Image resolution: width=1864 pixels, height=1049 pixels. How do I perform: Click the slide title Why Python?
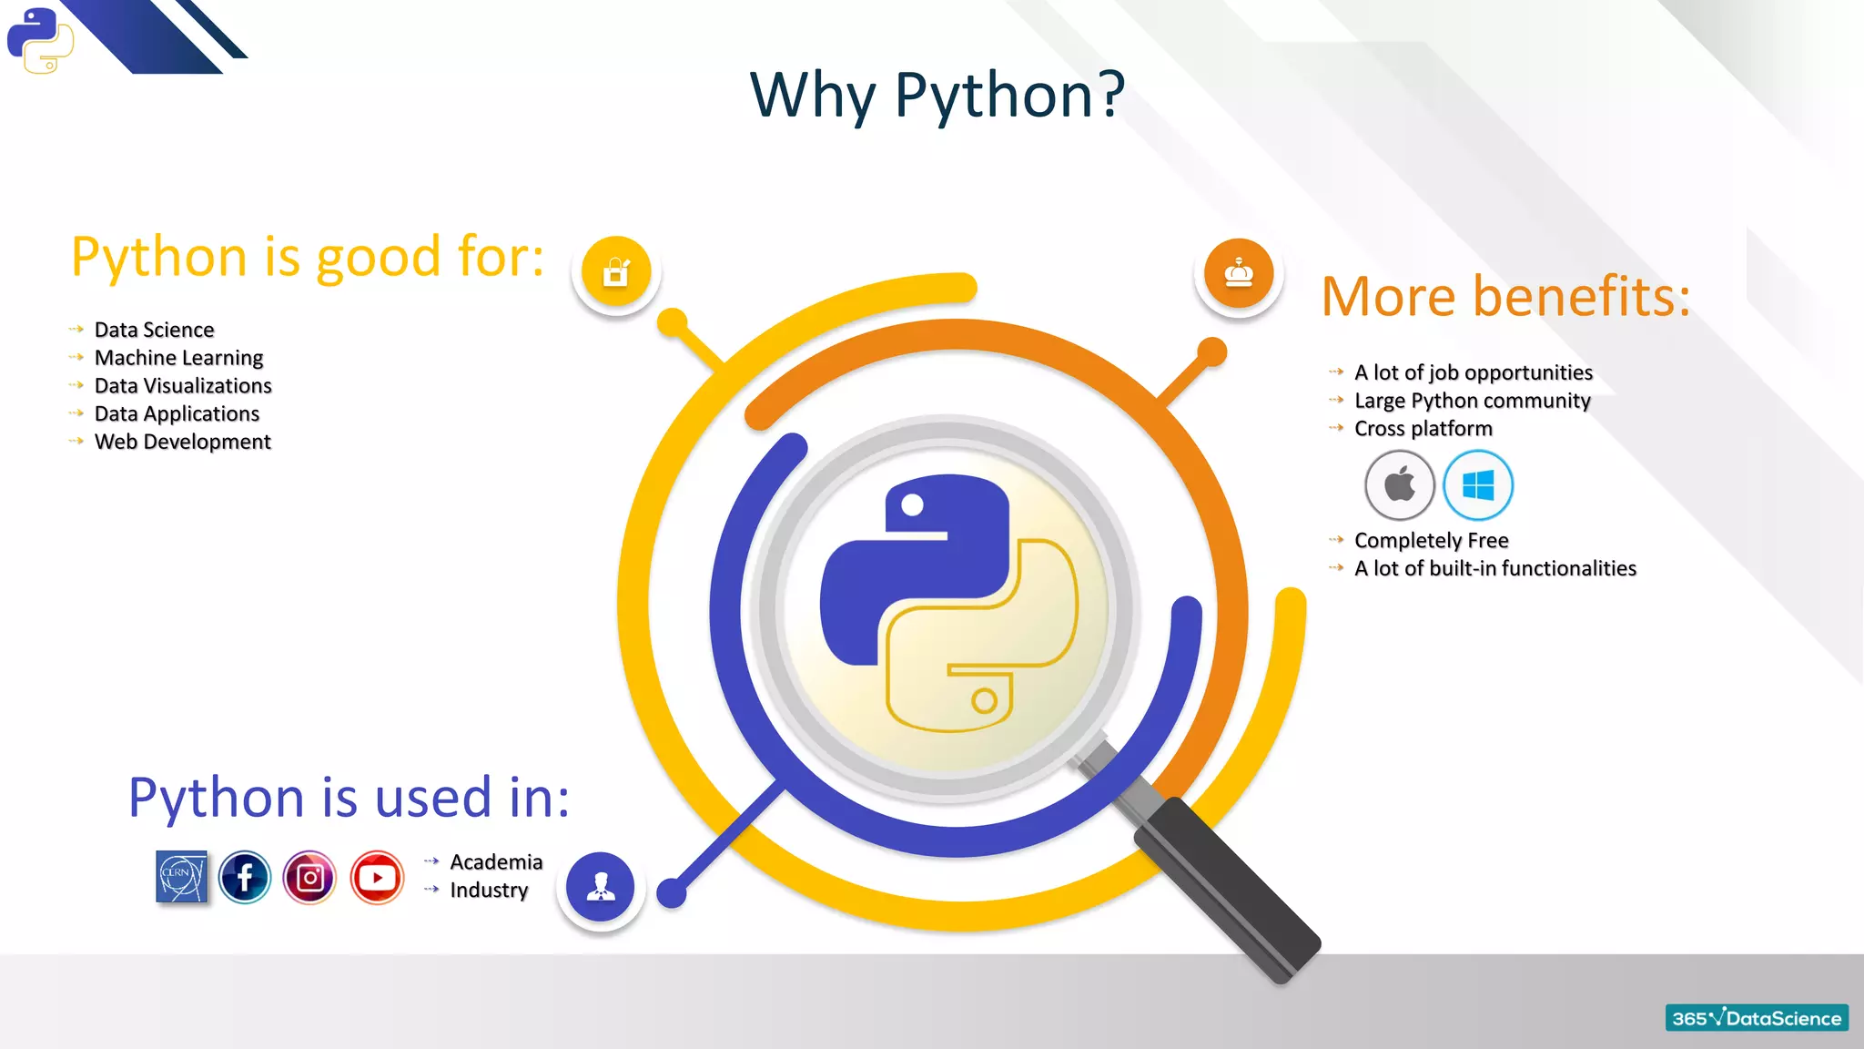tap(937, 95)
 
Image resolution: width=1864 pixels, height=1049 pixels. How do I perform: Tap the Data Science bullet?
tap(154, 330)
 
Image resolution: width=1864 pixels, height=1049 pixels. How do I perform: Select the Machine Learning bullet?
tap(178, 358)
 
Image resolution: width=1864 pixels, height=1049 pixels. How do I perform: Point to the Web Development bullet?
tap(182, 442)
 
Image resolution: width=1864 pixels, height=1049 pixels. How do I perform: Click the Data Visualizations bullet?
tap(183, 386)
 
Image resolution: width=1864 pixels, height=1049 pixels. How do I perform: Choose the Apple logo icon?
tap(1400, 485)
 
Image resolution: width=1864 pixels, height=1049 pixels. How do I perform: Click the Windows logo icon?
tap(1478, 485)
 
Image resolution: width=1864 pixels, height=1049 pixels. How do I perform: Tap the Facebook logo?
tap(245, 878)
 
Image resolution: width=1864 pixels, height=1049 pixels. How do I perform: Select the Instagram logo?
tap(309, 878)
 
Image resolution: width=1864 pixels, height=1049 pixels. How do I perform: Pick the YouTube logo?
tap(377, 878)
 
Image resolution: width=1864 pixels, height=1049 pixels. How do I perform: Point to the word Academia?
tap(496, 861)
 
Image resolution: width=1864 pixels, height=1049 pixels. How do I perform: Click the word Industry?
tap(489, 890)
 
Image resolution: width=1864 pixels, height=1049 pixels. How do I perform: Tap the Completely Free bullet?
tap(1431, 541)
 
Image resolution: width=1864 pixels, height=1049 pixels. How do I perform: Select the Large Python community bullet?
tap(1472, 401)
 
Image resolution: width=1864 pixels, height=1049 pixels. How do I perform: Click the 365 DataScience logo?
tap(1757, 1018)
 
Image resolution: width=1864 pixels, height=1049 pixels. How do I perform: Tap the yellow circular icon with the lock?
tap(616, 271)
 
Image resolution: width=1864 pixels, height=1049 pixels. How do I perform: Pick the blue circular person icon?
tap(600, 886)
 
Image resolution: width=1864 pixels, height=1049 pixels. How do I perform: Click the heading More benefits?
tap(1505, 297)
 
